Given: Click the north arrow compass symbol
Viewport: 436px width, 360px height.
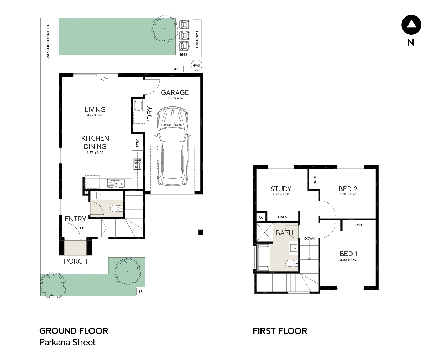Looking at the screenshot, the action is coord(411,25).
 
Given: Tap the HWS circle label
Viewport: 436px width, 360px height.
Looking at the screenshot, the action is coord(196,65).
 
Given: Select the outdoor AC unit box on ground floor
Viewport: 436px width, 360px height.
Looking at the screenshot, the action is coord(175,69).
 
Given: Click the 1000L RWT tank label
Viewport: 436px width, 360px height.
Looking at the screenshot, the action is coord(197,40).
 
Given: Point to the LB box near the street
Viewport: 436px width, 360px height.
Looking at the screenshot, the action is coord(141,292).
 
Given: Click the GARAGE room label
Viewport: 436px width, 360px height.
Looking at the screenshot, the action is coord(175,92).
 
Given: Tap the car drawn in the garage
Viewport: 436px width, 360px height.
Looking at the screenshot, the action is coord(172,146).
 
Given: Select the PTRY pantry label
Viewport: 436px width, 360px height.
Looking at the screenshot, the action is coord(137,143).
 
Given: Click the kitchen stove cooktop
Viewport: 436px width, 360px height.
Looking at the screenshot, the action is coord(138,164).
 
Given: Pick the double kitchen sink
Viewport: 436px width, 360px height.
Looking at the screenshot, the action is coord(116,184).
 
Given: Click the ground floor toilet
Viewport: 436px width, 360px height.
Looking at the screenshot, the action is coord(116,209).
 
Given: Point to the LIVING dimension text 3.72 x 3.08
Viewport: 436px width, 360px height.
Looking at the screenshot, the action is coord(95,115).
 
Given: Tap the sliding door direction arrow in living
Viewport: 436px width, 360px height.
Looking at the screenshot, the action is coord(105,79).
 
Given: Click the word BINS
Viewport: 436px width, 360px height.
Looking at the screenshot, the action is coord(183,55).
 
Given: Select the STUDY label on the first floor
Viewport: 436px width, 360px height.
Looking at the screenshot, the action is coord(281,189).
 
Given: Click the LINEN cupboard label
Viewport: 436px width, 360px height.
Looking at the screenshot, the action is coord(283,217).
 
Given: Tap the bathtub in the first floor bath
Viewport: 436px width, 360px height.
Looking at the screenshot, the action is coord(263,257).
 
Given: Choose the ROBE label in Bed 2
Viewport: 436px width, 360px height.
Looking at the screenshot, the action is coord(315,180).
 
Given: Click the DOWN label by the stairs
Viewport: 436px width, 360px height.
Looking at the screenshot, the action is coord(310,238).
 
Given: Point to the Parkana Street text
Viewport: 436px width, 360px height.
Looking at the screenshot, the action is coord(67,342).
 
